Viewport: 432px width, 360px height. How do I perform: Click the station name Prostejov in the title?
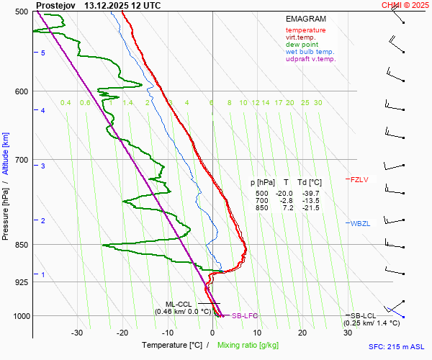tap(55, 5)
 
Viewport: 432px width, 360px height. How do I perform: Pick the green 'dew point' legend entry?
tap(302, 45)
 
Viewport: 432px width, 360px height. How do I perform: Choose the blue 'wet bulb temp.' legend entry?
tap(310, 52)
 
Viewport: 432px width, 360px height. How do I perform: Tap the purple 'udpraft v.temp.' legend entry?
tap(310, 59)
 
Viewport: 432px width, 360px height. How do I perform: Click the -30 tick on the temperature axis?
tap(77, 333)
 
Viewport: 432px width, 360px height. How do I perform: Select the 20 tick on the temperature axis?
tap(302, 333)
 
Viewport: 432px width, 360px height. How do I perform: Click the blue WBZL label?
tap(360, 224)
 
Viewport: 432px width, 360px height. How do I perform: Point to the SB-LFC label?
tap(245, 316)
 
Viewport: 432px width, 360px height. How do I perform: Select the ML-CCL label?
tap(179, 304)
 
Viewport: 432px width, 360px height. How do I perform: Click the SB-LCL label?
tap(364, 316)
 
